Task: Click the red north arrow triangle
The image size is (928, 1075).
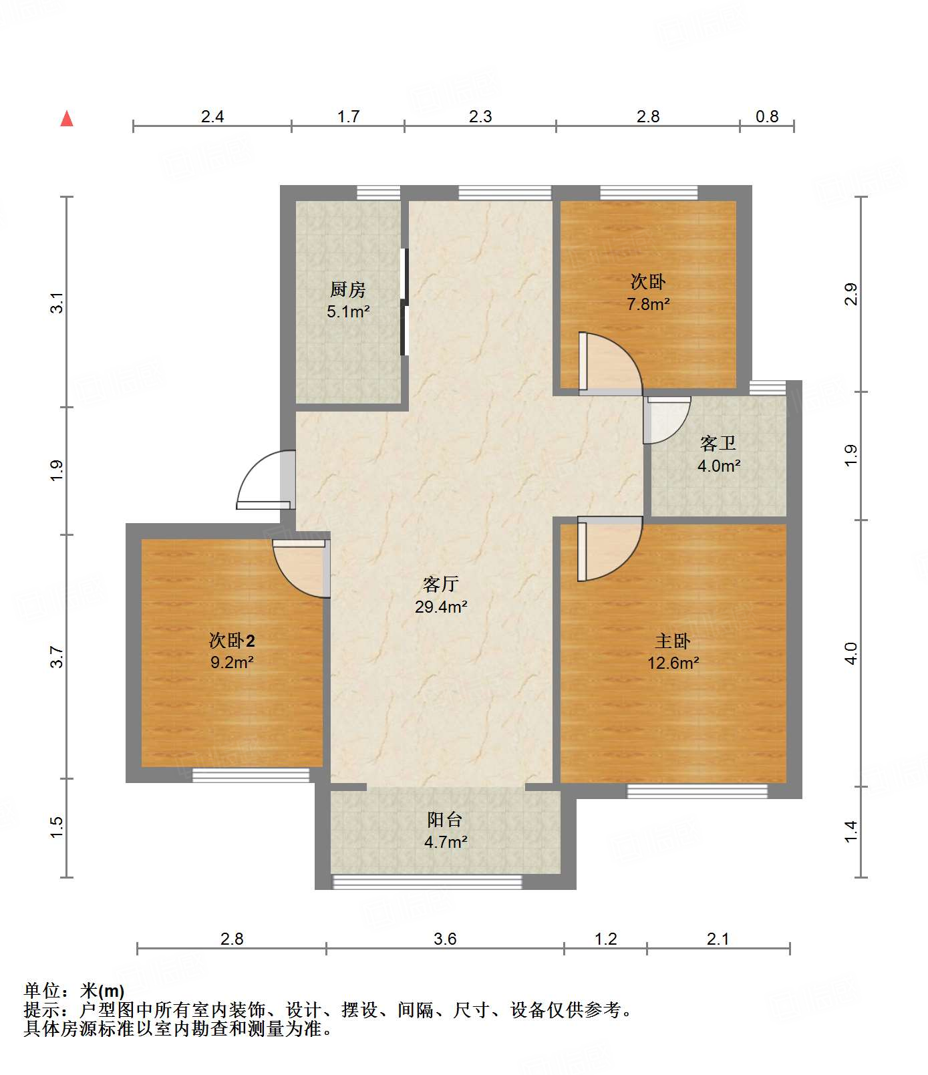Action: (x=67, y=119)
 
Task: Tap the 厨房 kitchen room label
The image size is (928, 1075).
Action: (x=348, y=290)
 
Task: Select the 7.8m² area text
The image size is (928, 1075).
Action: (x=648, y=304)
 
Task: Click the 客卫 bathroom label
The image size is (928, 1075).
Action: (x=718, y=443)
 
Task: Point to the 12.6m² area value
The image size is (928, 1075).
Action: (x=673, y=663)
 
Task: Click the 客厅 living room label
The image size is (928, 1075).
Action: (x=441, y=585)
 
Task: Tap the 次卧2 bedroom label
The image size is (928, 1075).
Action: (x=232, y=641)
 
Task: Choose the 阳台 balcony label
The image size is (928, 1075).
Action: (x=445, y=820)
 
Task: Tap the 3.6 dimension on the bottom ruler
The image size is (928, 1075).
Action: (x=445, y=939)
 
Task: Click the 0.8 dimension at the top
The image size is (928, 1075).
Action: (x=767, y=117)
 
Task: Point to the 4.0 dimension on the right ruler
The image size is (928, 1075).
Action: (x=851, y=653)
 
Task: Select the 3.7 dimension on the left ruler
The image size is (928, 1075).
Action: (x=57, y=657)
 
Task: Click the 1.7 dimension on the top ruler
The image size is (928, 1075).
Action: (x=348, y=117)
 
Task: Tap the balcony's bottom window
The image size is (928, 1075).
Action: (x=428, y=882)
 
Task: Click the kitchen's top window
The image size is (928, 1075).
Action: (x=378, y=193)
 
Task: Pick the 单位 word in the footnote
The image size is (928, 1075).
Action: (x=43, y=991)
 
